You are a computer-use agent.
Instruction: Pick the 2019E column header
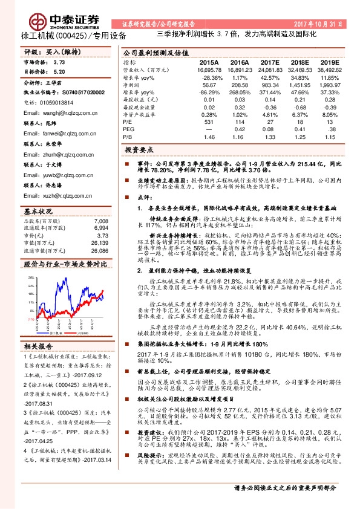coord(330,62)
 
